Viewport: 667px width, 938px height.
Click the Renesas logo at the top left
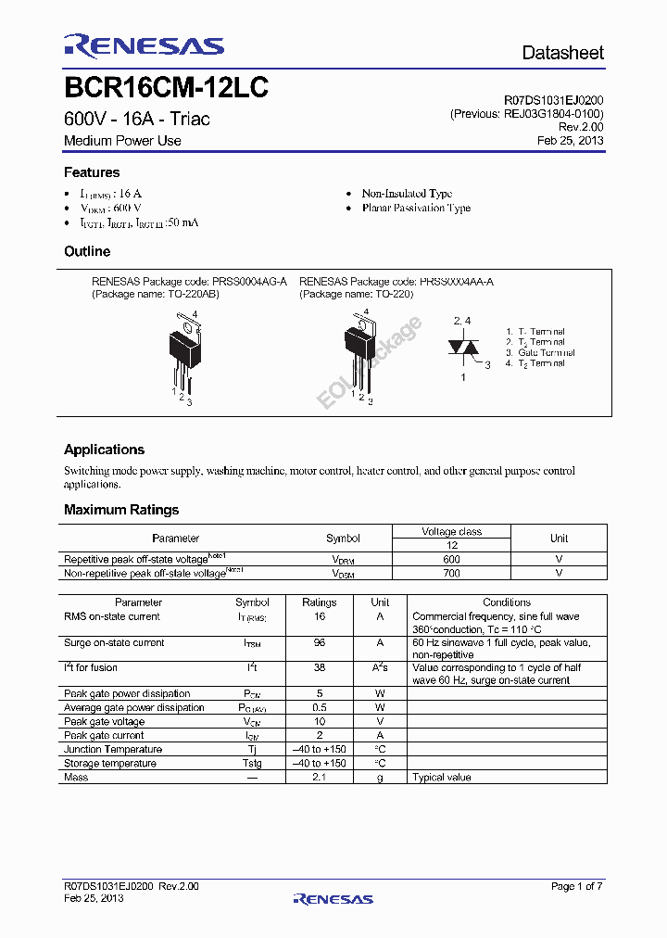(144, 46)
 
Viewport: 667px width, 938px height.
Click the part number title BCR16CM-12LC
(166, 88)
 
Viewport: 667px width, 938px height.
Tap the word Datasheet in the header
(562, 53)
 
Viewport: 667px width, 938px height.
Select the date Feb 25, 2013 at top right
(571, 141)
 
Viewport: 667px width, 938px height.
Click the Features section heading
(92, 172)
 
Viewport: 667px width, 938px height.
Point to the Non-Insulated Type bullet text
(407, 194)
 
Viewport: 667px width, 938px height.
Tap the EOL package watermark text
(370, 362)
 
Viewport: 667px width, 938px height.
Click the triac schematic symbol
(463, 348)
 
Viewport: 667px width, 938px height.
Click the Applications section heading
(104, 450)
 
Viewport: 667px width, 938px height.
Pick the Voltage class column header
(452, 532)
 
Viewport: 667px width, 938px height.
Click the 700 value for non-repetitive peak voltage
(452, 574)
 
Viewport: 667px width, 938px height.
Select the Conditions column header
(507, 602)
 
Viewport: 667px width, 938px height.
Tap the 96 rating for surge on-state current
(320, 642)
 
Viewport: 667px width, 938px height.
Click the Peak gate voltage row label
(104, 721)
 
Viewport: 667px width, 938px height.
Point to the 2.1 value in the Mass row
(320, 777)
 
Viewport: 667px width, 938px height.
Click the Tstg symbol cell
(252, 763)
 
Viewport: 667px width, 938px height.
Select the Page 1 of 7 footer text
(576, 886)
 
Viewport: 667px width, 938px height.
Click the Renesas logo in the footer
(333, 898)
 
